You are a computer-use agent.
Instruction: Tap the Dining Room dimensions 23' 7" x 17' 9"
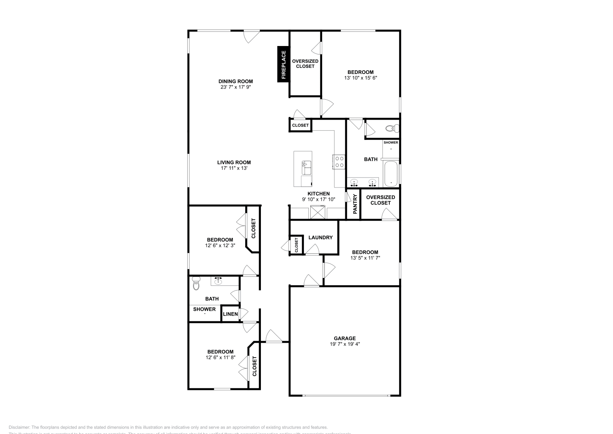(236, 87)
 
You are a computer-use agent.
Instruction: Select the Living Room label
(234, 162)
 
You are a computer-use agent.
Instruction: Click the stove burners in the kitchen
(339, 161)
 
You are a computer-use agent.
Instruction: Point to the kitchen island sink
(307, 165)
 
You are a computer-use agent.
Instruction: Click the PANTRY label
(355, 204)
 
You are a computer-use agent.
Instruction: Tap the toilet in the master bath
(390, 128)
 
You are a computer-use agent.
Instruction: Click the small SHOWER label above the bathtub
(391, 143)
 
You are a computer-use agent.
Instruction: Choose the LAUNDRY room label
(320, 237)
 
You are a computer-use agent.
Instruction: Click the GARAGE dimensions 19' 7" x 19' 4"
(344, 344)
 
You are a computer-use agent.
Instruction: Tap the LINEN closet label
(230, 314)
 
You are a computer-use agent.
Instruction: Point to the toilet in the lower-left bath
(196, 284)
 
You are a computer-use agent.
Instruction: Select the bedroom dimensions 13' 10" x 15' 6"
(360, 78)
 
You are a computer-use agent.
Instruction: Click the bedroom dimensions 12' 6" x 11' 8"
(220, 357)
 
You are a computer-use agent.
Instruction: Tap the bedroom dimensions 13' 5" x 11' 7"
(365, 258)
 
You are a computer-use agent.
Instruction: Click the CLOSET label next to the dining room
(300, 125)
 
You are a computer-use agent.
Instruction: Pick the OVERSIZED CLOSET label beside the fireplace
(305, 64)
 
